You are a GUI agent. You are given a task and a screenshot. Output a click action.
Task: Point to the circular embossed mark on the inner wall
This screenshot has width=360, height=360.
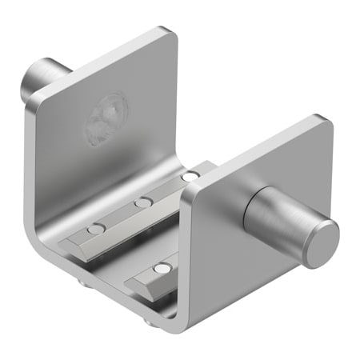click(x=107, y=118)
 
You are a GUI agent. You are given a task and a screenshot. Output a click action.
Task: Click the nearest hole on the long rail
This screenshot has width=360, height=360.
click(x=96, y=230)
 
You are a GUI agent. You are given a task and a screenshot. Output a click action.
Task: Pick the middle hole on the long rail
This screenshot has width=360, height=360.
click(x=142, y=202)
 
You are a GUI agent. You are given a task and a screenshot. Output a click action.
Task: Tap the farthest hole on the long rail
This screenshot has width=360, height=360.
click(x=190, y=176)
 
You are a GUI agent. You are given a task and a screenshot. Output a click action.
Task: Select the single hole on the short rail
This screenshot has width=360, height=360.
click(x=162, y=268)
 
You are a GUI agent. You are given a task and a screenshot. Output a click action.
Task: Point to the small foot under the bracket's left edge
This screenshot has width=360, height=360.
click(x=83, y=282)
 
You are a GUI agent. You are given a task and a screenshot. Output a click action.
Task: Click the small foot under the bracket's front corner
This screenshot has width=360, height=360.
click(x=150, y=322)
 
